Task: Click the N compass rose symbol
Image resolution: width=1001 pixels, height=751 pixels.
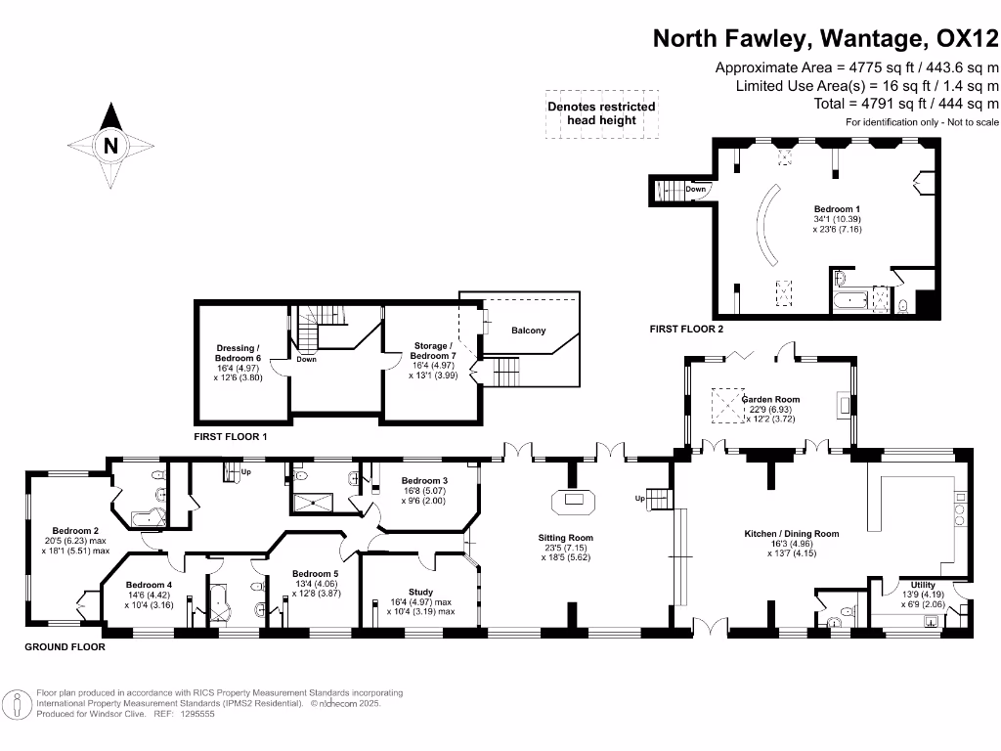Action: pos(110,147)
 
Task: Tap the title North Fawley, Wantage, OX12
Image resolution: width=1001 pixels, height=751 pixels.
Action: pos(826,38)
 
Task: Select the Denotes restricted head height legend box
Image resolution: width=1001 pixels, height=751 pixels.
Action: pos(601,113)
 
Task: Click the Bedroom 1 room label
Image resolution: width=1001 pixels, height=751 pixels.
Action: pos(838,209)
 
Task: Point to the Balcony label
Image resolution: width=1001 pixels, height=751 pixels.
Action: pos(529,331)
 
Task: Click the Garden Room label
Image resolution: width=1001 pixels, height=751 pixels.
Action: pos(770,399)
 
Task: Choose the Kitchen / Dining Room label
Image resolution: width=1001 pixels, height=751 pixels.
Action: pos(792,534)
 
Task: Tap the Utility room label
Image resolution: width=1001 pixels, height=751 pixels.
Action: pos(923,585)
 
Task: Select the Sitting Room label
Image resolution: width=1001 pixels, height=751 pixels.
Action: pos(566,538)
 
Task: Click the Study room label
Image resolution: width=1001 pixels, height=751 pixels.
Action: pos(421,592)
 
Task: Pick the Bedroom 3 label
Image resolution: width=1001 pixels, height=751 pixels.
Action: pos(424,480)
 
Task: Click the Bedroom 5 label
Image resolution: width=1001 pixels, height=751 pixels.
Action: pos(316,574)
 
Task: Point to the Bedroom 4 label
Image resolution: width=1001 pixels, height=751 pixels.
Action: pos(150,585)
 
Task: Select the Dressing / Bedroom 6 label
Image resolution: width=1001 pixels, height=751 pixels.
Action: pos(239,353)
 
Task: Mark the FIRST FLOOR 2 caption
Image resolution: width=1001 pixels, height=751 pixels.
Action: pos(686,330)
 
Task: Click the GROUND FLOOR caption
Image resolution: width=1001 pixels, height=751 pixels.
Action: pos(65,647)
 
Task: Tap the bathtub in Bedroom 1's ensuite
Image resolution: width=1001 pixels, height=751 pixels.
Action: pos(847,298)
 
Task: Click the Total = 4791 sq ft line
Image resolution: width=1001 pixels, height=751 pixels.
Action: pos(906,103)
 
